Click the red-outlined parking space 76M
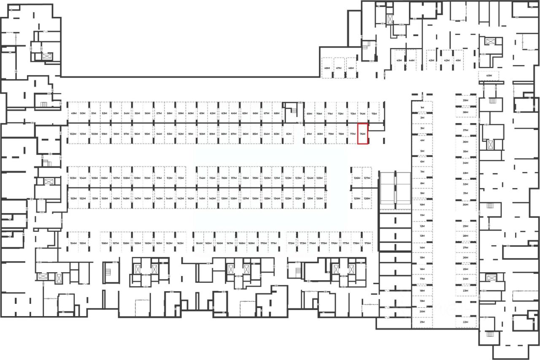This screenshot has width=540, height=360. (x=363, y=134)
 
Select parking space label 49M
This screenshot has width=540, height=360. (x=73, y=114)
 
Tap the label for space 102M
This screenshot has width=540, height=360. (x=73, y=134)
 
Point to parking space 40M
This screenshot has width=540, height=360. (x=489, y=76)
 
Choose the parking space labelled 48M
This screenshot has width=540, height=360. (x=327, y=68)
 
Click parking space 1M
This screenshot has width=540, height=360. (x=422, y=108)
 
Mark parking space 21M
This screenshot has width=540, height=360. (x=422, y=322)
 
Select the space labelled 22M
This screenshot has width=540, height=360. (x=465, y=322)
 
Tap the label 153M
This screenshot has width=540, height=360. (x=73, y=198)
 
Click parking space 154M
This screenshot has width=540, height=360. (x=73, y=244)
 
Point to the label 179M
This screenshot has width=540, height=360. (x=367, y=244)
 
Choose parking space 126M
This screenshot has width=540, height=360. (x=357, y=178)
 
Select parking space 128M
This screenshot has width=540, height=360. (x=367, y=198)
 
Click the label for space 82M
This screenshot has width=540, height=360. (x=289, y=134)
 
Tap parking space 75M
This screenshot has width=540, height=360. (x=374, y=114)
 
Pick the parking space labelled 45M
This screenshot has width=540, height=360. (x=399, y=60)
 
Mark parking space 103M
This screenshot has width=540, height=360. (x=73, y=178)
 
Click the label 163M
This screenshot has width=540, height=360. (x=180, y=244)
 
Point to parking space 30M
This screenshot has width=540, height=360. (x=465, y=205)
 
